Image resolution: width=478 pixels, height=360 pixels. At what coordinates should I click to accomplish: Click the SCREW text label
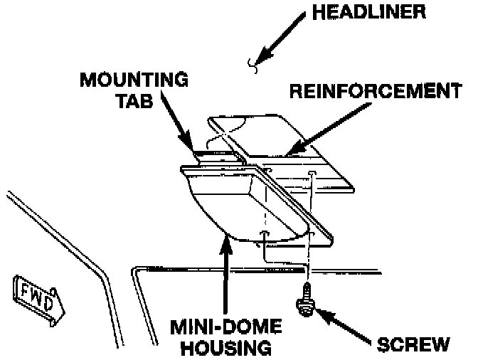coord(413,344)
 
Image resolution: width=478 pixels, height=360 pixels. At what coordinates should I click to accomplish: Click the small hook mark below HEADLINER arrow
coord(251,65)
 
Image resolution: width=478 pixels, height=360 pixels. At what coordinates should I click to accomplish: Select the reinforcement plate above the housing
coord(263,135)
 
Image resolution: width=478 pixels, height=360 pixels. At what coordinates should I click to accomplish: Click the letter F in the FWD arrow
coord(23,290)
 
